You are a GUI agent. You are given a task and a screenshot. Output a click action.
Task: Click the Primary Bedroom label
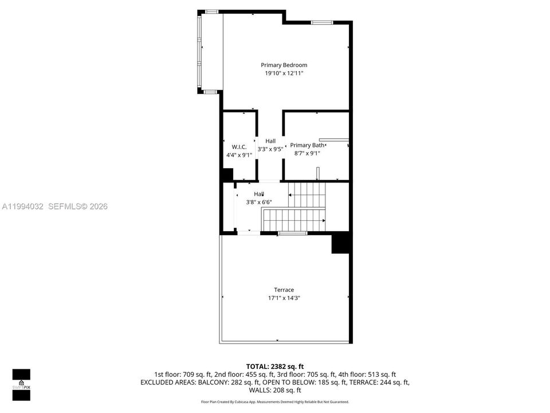pos(284,65)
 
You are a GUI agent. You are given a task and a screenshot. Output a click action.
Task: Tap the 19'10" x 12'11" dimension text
pos(284,73)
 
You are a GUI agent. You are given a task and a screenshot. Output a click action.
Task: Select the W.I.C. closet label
pos(239,147)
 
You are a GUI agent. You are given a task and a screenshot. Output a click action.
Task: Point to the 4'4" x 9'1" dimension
pos(239,155)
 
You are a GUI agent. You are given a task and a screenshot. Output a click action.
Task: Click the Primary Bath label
pos(307,145)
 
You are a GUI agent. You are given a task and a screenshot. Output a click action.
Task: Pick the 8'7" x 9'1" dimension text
pos(307,154)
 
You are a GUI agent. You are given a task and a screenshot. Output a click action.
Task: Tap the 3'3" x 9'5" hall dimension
pos(270,149)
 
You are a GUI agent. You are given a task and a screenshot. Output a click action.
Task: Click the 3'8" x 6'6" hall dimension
pos(259,202)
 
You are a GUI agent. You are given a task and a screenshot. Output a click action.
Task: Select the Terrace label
pos(284,290)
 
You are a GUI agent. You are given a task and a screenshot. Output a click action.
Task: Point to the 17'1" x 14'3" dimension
pos(284,298)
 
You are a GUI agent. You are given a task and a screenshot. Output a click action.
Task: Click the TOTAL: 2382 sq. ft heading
pos(274,367)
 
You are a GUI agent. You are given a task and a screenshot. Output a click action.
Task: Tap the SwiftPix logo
pos(21,385)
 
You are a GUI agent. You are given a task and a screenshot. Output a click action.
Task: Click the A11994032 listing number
pos(22,206)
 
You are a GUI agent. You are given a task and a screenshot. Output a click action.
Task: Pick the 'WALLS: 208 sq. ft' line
pos(274,390)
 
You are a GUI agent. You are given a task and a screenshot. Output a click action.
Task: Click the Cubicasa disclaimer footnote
pos(274,402)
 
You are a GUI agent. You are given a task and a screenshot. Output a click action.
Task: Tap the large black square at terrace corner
pos(340,243)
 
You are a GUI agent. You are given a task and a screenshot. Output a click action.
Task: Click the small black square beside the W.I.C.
pos(227,175)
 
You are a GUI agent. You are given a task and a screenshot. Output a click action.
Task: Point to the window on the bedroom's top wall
pos(321,22)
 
